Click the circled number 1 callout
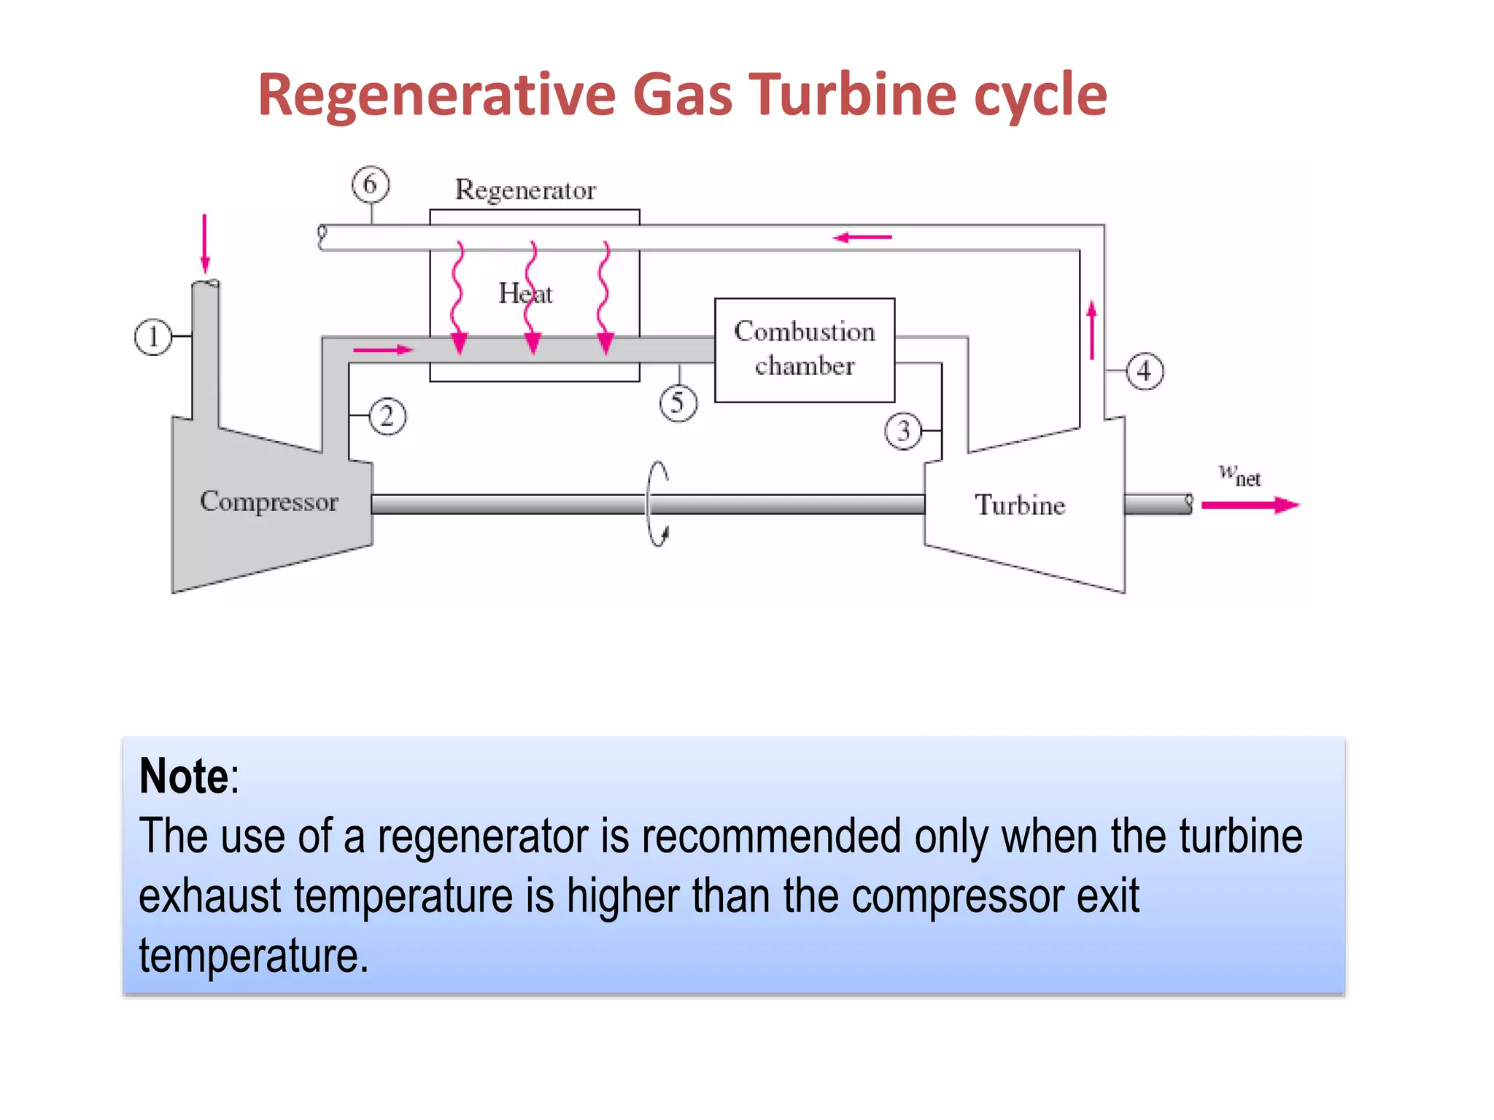tap(153, 338)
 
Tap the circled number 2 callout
tap(387, 416)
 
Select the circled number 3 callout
tap(903, 431)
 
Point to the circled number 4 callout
tap(1145, 371)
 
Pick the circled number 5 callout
tap(678, 403)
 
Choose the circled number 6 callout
tap(371, 184)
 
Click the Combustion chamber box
tap(805, 350)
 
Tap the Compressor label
tap(269, 502)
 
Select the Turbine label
tap(1020, 505)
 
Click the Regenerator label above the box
tap(525, 190)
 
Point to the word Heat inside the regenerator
tap(525, 293)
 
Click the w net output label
tap(1239, 475)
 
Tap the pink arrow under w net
tap(1250, 505)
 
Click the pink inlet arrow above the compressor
tap(205, 244)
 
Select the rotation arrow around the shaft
tap(658, 504)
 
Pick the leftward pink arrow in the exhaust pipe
tap(862, 237)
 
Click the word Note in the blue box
tap(185, 776)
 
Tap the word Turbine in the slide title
tap(853, 95)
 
